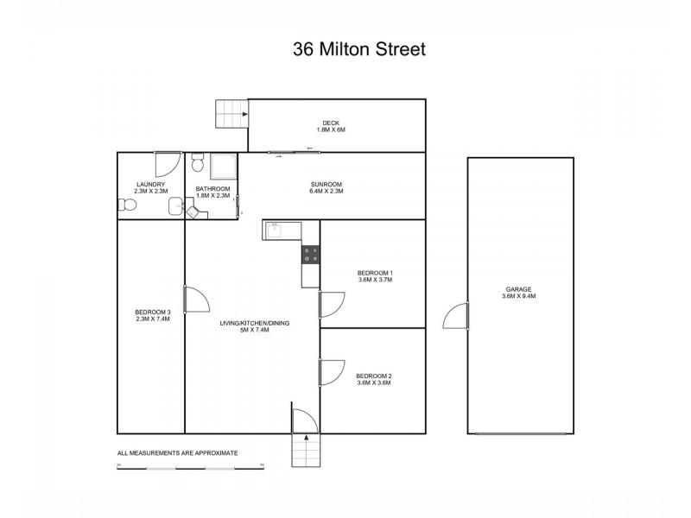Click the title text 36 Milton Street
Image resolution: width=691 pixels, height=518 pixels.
[358, 49]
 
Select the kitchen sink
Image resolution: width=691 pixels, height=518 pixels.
[276, 230]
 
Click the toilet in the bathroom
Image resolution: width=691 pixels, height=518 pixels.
[198, 164]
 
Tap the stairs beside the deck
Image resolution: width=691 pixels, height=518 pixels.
[231, 114]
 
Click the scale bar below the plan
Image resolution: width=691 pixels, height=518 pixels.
[190, 467]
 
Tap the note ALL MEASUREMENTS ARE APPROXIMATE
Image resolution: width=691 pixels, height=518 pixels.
[177, 452]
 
